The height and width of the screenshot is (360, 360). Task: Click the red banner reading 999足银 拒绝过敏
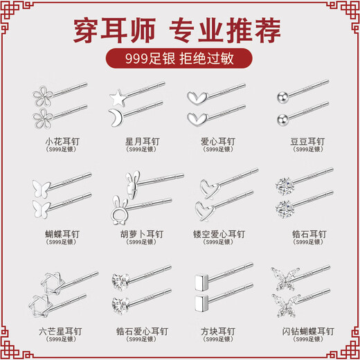point(179,59)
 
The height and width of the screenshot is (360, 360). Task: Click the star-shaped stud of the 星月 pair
point(116,93)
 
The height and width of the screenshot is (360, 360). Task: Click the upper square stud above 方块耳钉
point(201,283)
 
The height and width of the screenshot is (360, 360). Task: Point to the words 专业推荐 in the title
point(235,29)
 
